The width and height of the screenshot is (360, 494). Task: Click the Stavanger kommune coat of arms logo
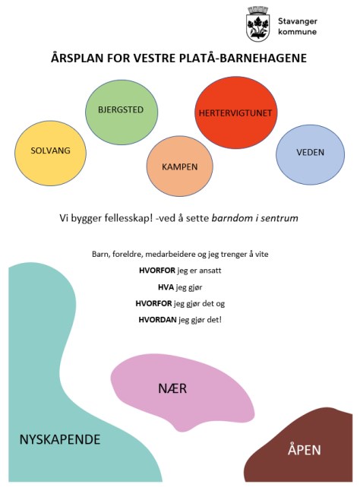pos(258,24)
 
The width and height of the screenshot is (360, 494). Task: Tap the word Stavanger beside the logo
pos(297,22)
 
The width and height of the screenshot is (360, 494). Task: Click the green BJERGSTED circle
pos(122,112)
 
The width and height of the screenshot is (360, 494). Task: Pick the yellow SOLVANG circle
pos(50,153)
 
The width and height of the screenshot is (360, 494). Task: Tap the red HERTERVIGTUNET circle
pos(236,112)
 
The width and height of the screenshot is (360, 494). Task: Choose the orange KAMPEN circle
pos(179,166)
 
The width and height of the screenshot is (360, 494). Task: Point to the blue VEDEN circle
pos(310,154)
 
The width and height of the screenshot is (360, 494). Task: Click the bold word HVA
pos(166,287)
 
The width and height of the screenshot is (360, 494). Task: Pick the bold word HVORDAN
pos(157,320)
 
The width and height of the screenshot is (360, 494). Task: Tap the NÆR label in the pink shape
pos(172,388)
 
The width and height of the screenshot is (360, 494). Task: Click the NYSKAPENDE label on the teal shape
pos(60,439)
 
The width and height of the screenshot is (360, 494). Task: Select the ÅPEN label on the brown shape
pos(305,449)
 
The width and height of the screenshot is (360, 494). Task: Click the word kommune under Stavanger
pos(297,32)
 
